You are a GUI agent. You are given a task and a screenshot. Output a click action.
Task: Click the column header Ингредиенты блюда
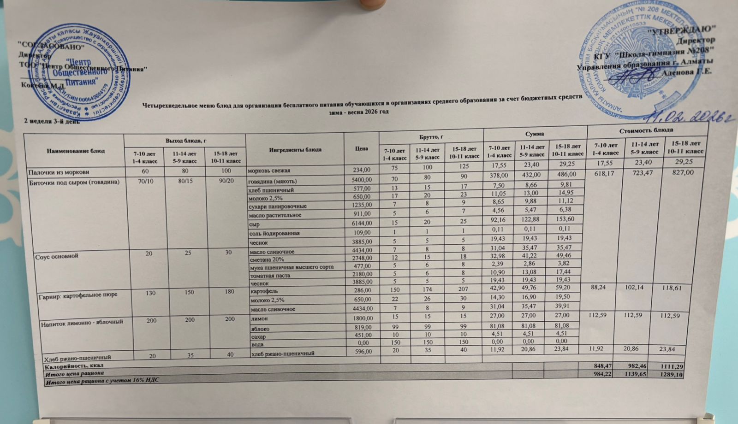(x=295, y=149)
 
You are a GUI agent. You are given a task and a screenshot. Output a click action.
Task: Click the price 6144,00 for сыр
(x=361, y=224)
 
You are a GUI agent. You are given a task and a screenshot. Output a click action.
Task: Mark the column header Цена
(x=362, y=148)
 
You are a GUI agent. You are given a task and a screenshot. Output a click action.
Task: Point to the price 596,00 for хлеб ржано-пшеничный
(x=363, y=352)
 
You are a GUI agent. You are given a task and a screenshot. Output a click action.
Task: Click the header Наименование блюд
(x=75, y=151)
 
